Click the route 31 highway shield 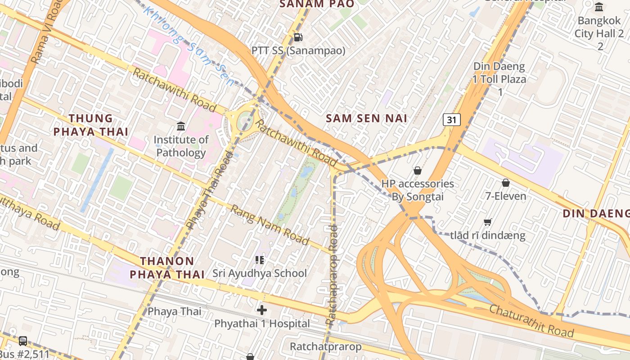coord(451,120)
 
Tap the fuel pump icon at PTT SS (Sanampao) coord(298,37)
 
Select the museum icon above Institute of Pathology coord(181,126)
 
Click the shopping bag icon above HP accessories coord(418,171)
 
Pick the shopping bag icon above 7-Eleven coord(506,183)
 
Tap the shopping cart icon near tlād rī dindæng coord(487,222)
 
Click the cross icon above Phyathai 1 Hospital coord(262,310)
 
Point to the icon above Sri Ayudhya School coord(259,260)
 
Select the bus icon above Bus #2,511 coord(23,341)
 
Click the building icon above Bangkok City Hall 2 coord(599,7)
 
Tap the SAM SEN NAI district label coord(366,118)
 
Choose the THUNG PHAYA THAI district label coord(91,125)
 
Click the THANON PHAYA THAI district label coord(167,267)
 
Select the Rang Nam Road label coord(270,225)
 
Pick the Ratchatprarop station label coord(325,347)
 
